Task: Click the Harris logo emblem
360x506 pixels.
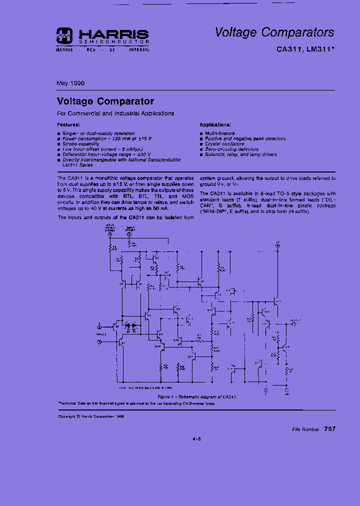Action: (64, 34)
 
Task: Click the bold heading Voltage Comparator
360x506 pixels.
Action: (105, 101)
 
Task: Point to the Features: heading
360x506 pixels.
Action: (68, 124)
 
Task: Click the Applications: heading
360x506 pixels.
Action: (215, 124)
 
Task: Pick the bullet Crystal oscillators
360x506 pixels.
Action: (224, 144)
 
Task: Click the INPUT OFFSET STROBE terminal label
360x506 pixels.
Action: (110, 228)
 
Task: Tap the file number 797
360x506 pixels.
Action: (329, 429)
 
